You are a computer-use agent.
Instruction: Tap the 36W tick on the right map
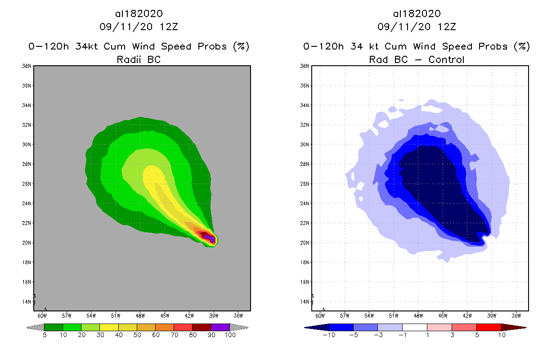516,315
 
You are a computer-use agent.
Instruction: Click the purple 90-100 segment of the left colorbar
220,327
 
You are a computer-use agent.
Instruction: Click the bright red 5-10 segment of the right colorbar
489,327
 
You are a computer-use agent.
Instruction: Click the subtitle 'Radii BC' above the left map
139,59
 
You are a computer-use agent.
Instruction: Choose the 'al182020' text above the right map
417,14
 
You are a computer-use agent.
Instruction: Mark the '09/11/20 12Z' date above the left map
139,27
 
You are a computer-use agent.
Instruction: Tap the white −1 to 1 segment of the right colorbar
414,327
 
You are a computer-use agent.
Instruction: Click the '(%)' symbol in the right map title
523,46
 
